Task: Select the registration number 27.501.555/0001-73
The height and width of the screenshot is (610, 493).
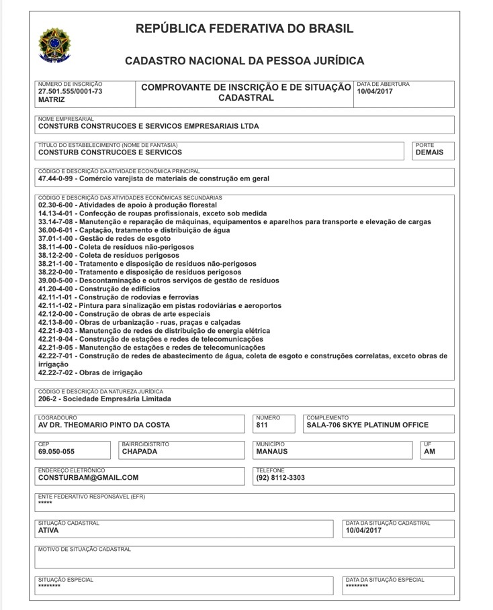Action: coord(71,91)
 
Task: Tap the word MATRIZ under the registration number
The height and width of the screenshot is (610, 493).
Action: coord(52,99)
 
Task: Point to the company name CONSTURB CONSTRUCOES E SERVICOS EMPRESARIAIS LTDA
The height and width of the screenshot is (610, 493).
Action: coord(148,125)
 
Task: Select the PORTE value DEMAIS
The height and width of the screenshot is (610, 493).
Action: coord(429,152)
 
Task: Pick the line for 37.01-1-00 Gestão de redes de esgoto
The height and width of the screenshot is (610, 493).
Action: coord(95,238)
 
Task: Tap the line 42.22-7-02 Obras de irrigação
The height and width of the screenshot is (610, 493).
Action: coord(90,372)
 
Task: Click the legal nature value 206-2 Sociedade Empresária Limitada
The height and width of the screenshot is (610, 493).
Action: coord(105,399)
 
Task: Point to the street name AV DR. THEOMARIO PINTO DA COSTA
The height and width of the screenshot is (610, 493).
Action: coord(104,425)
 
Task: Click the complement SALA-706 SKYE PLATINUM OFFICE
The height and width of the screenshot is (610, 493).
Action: coord(367,425)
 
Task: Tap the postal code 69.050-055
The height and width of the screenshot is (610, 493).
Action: coord(56,452)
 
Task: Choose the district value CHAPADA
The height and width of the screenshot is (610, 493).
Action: coord(140,452)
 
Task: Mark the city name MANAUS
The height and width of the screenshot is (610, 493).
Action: coord(272,452)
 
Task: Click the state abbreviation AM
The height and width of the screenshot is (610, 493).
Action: coord(430,452)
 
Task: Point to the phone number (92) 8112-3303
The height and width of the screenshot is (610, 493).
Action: coord(280,478)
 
